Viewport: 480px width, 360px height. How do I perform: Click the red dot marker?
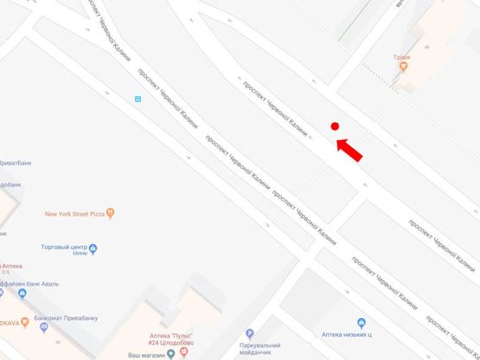[334, 126]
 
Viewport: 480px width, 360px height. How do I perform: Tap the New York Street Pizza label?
[74, 213]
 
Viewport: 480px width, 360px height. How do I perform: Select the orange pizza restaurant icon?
[110, 213]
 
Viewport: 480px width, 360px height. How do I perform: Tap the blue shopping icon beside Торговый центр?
[93, 249]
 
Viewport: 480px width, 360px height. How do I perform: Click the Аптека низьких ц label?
[346, 333]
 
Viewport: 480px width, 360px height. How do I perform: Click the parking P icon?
[249, 333]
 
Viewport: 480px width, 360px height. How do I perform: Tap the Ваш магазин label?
[146, 355]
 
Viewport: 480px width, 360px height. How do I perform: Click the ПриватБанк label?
[16, 162]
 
